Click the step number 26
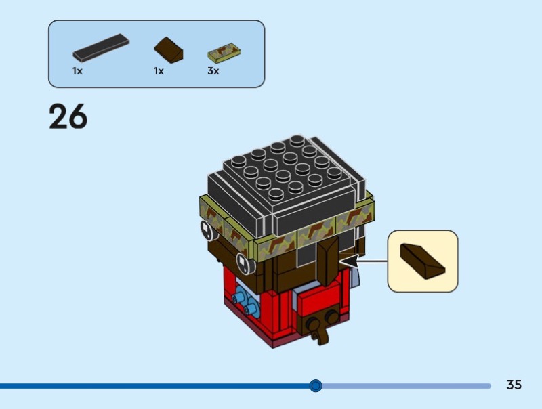[68, 116]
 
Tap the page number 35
[514, 385]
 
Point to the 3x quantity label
[213, 70]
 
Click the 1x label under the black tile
[78, 70]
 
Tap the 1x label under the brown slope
[159, 70]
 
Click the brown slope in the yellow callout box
[421, 261]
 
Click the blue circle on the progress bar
[315, 386]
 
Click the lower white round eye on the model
[243, 261]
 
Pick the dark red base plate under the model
[271, 339]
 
